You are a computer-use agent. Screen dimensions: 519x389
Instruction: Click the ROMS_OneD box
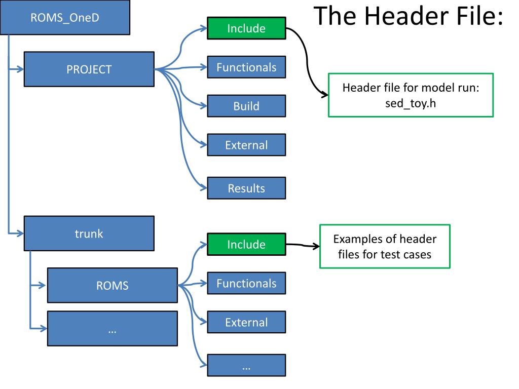click(x=65, y=17)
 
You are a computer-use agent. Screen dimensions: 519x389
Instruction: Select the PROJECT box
click(x=89, y=69)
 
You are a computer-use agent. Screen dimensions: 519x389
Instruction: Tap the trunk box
click(x=89, y=234)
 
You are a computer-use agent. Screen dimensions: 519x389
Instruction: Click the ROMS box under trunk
click(x=113, y=285)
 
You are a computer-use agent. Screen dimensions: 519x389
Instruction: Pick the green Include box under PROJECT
click(x=247, y=28)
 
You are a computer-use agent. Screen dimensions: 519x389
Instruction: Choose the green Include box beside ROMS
click(x=247, y=244)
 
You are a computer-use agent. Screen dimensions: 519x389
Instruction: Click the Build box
click(x=247, y=106)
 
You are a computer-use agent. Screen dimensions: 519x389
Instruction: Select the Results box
click(x=247, y=188)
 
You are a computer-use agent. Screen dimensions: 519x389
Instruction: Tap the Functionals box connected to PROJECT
click(x=247, y=67)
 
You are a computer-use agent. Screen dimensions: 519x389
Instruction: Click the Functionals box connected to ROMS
click(x=247, y=283)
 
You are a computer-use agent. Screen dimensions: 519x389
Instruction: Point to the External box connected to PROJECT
click(x=247, y=145)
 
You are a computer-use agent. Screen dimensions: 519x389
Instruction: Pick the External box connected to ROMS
click(x=247, y=322)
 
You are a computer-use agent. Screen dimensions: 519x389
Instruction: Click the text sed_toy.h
click(x=411, y=103)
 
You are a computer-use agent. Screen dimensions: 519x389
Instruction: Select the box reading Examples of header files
click(x=385, y=247)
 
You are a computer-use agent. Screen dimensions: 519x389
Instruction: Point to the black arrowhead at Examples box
click(x=316, y=246)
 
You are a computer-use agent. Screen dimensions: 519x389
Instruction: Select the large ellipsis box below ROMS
click(x=113, y=328)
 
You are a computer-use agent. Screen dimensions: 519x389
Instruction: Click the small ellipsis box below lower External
click(x=247, y=365)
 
